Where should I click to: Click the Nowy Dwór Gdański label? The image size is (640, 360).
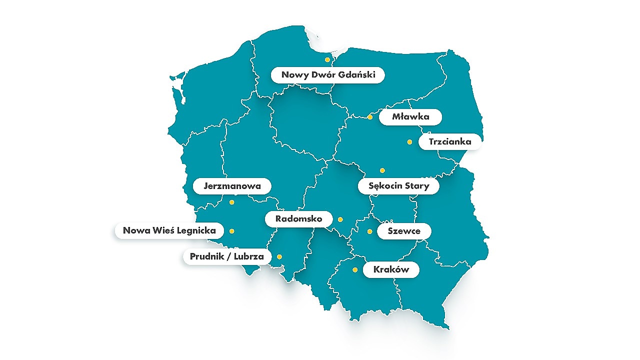click(328, 75)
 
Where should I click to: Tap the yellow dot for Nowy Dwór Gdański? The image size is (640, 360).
click(327, 59)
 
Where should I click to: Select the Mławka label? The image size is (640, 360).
click(410, 117)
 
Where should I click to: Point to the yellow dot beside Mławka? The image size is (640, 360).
click(370, 117)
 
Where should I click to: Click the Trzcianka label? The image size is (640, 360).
click(449, 141)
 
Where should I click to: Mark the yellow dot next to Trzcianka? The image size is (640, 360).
click(409, 142)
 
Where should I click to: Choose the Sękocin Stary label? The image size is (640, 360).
click(398, 186)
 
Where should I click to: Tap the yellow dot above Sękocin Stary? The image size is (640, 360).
click(382, 170)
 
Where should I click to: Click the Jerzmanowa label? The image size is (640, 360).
click(232, 186)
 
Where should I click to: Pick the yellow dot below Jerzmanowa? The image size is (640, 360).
click(231, 202)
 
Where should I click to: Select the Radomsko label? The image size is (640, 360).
click(298, 219)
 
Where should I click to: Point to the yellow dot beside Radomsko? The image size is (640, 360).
click(340, 219)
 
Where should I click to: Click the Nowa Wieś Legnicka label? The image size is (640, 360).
click(169, 230)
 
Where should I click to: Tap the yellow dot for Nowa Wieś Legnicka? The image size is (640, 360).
click(231, 231)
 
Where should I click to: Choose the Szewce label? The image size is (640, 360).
click(403, 231)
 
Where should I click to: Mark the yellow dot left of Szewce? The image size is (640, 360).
click(369, 231)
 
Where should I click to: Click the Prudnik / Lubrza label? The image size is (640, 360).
click(227, 256)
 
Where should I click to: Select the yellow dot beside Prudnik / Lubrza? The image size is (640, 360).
click(279, 257)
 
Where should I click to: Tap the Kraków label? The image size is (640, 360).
click(391, 270)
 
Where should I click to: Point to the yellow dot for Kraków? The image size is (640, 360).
click(355, 270)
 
